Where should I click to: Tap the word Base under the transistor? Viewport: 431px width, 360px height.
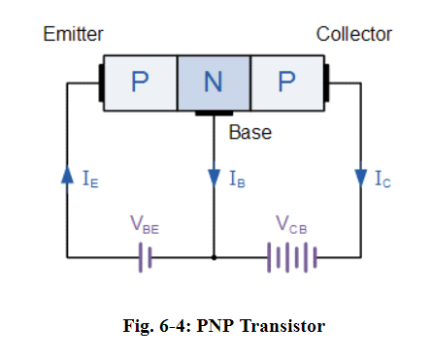click(x=250, y=132)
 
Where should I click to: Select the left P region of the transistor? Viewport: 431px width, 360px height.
click(x=140, y=82)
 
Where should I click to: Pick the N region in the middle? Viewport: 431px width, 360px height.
click(x=214, y=82)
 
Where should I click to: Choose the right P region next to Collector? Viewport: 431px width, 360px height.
click(x=286, y=82)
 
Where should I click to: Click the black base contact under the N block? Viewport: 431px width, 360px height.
click(x=214, y=114)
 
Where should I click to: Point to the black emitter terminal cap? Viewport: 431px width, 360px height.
click(x=100, y=82)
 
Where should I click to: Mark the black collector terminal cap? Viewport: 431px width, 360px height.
click(x=328, y=82)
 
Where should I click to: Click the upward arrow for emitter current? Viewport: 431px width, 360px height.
click(x=66, y=177)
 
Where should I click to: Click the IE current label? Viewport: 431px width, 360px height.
click(x=89, y=179)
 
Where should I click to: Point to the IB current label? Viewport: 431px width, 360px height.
click(x=237, y=179)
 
